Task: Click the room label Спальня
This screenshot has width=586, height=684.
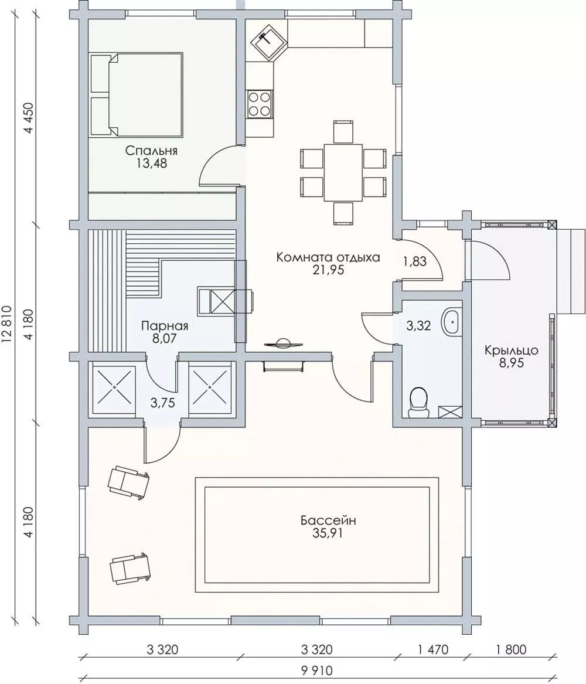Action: [x=151, y=151]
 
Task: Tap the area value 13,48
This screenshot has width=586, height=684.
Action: [x=151, y=164]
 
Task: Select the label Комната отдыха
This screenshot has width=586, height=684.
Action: [x=328, y=257]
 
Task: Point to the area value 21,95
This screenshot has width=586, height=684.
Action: [x=328, y=270]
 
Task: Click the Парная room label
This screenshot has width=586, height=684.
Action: [x=165, y=326]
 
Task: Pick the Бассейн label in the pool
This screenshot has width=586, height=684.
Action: [x=328, y=520]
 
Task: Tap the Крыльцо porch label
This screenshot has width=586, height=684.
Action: [x=512, y=350]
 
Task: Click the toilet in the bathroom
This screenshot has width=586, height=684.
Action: [x=418, y=402]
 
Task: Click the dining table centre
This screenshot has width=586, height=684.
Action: [x=343, y=173]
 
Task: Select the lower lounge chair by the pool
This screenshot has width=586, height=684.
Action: [x=130, y=567]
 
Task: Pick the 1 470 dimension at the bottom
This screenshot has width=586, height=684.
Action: [x=432, y=649]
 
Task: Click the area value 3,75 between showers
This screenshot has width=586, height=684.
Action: [x=163, y=403]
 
